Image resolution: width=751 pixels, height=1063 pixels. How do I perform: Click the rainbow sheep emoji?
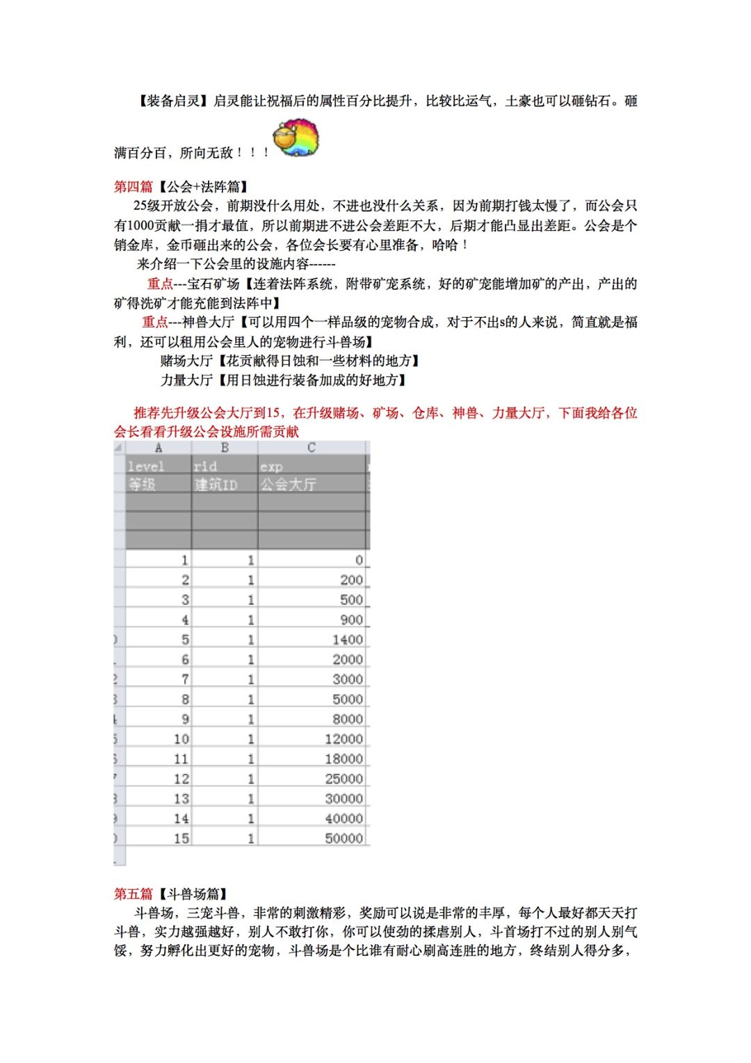tap(297, 138)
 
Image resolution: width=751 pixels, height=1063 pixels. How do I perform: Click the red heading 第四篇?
tap(134, 186)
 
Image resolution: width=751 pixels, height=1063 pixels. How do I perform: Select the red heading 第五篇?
tap(134, 893)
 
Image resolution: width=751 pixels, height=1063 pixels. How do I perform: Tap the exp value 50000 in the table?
tap(344, 838)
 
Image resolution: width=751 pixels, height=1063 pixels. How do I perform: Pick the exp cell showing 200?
tap(351, 580)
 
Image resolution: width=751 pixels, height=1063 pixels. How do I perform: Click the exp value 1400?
tap(347, 640)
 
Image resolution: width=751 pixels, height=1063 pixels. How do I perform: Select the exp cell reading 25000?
tap(344, 779)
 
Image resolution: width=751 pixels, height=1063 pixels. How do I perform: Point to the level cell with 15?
tap(181, 838)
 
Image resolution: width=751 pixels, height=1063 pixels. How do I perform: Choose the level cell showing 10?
tap(181, 739)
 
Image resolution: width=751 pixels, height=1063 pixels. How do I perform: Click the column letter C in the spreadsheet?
tap(311, 448)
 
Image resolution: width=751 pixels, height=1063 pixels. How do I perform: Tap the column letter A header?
tap(159, 448)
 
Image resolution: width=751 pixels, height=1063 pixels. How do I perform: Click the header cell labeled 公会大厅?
tap(288, 484)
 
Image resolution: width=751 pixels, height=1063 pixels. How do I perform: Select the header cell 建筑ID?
tap(216, 484)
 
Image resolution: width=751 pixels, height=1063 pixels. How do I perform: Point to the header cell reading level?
tap(146, 466)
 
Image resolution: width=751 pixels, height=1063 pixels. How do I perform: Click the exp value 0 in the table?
tap(359, 560)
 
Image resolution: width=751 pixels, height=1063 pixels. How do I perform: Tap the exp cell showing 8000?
tap(347, 719)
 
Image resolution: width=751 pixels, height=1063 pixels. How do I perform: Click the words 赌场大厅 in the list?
tap(186, 360)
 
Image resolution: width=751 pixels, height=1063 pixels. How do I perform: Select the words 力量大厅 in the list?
tap(186, 380)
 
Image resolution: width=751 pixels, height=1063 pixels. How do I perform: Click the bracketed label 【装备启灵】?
tap(171, 101)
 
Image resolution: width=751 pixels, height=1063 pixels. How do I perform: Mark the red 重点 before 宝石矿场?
tap(160, 284)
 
